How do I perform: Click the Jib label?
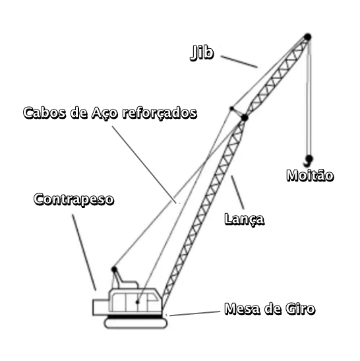202,53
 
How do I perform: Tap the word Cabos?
44,113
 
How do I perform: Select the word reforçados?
160,113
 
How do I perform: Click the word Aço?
105,113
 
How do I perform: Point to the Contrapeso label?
74,199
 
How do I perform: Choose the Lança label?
244,219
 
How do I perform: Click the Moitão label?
310,176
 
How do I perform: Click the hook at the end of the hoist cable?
309,160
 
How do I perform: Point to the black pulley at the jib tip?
307,37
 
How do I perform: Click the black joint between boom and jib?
245,117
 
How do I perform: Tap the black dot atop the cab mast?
114,269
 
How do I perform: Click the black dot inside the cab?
138,302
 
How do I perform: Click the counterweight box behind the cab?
101,307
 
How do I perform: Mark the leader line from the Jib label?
239,61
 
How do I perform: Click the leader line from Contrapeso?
84,252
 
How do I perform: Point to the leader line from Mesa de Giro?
195,313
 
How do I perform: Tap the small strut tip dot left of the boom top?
231,108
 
